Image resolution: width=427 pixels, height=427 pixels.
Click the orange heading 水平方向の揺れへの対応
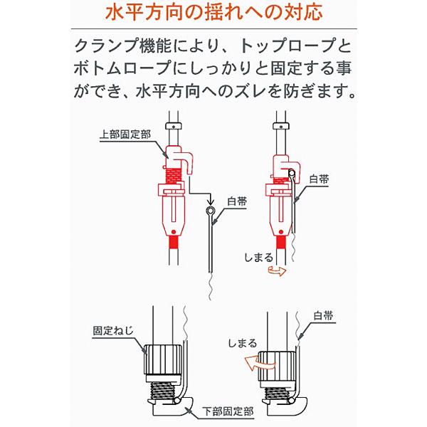(x=213, y=12)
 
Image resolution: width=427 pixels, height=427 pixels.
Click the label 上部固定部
(x=125, y=135)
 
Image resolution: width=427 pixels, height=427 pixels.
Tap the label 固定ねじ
(x=113, y=331)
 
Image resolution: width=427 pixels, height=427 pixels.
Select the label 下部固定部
(x=228, y=411)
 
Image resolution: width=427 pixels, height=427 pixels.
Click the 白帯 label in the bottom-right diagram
(x=323, y=316)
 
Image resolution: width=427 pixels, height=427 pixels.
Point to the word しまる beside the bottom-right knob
(x=243, y=343)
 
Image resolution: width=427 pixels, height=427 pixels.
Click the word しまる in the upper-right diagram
(x=258, y=258)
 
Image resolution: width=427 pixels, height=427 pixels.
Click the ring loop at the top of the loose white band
(x=210, y=211)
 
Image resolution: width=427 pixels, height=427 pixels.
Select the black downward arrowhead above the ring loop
(x=210, y=202)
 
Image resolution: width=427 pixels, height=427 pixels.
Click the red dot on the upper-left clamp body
(x=173, y=232)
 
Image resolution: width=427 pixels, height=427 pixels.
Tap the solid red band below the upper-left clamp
(x=173, y=242)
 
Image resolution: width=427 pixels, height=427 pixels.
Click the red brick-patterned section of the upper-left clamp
(x=174, y=175)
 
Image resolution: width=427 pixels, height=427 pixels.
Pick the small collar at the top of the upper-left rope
(x=173, y=126)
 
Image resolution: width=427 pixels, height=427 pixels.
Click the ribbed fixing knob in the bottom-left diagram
(x=162, y=360)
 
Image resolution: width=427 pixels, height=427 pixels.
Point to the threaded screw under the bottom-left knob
(x=162, y=391)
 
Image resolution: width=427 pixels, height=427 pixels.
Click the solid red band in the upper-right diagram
(x=281, y=242)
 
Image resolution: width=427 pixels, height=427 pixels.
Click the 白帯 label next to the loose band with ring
(x=237, y=202)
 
